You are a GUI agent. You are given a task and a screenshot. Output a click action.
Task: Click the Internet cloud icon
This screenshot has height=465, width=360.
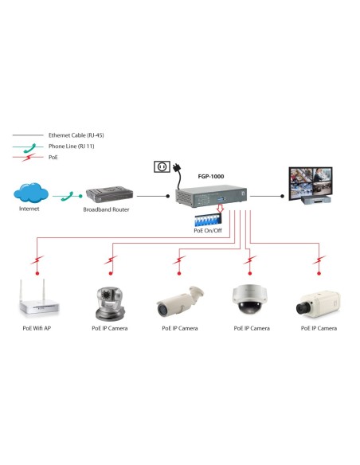point(29,193)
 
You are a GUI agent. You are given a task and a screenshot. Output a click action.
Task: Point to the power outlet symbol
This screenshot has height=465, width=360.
point(162,167)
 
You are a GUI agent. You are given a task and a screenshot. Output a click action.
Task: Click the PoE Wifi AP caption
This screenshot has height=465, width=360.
point(37,328)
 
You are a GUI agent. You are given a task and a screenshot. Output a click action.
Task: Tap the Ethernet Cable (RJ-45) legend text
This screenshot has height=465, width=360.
point(76,135)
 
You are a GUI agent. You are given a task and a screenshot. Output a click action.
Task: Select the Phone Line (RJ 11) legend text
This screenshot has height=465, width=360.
point(73,147)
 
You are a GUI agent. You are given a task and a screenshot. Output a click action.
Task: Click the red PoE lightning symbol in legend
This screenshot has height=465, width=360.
point(30,158)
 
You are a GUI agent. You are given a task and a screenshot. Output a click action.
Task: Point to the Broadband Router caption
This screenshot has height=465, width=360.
point(105,210)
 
